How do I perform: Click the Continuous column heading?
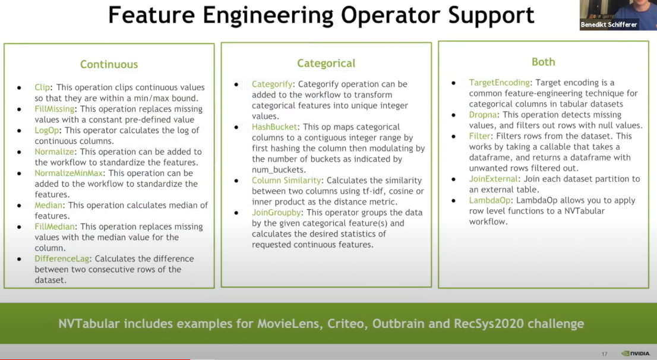(x=109, y=64)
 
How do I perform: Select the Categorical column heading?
(x=326, y=63)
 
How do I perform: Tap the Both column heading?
(x=543, y=62)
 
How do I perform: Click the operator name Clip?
(x=42, y=88)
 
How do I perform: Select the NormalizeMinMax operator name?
(x=69, y=173)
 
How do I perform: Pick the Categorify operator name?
(x=273, y=84)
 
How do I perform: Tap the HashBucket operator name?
(x=275, y=127)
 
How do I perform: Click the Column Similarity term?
(x=286, y=181)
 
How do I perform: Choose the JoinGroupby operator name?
(x=277, y=213)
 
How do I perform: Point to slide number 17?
(x=604, y=354)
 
